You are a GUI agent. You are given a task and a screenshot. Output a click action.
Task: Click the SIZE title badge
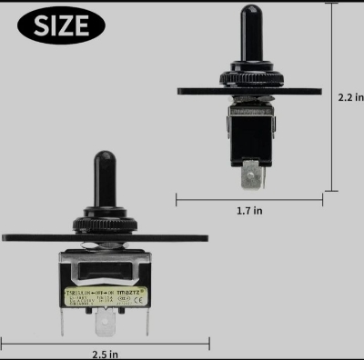tap(62, 26)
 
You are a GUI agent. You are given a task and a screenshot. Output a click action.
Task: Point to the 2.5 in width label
tap(105, 354)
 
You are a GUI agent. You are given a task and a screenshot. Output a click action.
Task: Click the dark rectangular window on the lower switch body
tap(103, 270)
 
